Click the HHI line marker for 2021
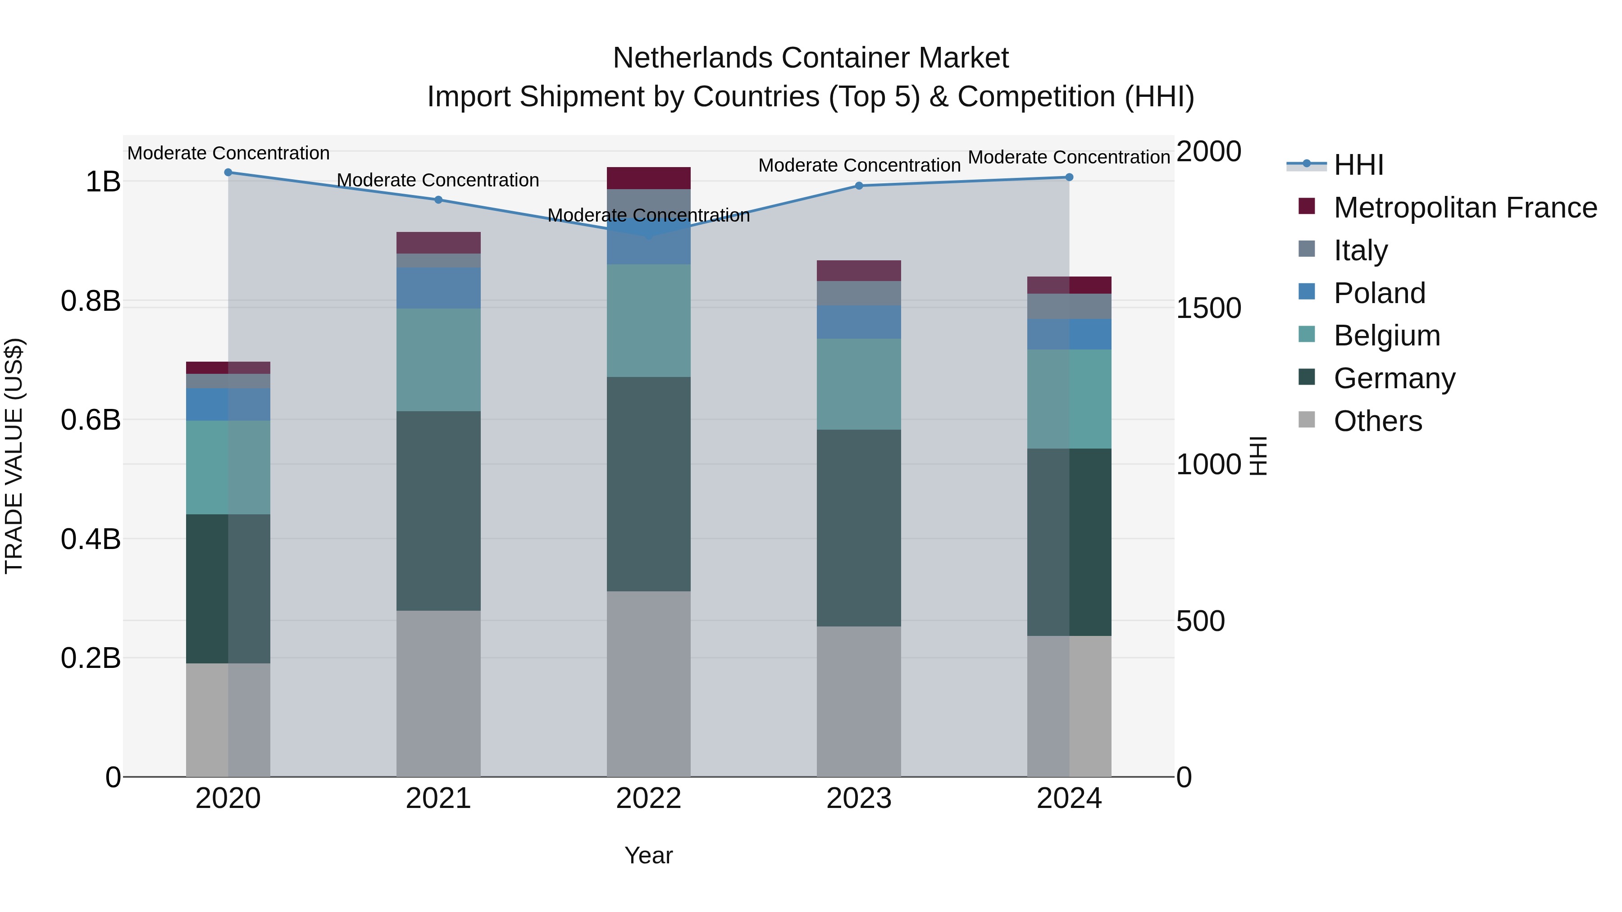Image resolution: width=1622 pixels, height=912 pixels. point(438,200)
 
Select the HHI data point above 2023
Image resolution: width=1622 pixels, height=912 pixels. point(859,186)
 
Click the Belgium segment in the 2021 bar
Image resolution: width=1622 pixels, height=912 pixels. point(438,359)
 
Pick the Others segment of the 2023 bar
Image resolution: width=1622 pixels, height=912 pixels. point(859,701)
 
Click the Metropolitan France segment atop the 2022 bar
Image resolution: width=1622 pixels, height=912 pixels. point(648,178)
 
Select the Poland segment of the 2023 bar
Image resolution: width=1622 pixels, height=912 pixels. point(859,322)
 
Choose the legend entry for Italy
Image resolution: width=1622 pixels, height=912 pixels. point(1360,250)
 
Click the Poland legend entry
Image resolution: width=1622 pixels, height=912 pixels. point(1379,293)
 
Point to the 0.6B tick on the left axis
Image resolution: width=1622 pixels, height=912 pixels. point(91,420)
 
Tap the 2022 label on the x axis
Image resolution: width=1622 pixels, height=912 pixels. point(648,799)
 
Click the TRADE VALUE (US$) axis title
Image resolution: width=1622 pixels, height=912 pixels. point(14,456)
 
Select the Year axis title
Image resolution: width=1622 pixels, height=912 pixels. point(648,855)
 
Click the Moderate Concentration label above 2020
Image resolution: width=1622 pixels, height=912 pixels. point(228,153)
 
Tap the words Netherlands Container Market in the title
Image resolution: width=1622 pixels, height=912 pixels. point(811,58)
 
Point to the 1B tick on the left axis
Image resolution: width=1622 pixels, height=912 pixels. point(103,182)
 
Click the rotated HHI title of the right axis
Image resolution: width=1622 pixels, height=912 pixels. point(1258,456)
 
